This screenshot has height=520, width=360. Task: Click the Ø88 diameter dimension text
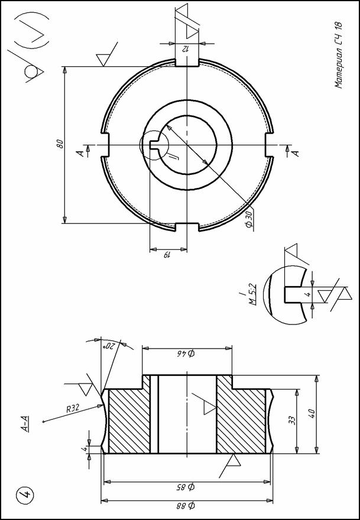[x=187, y=506]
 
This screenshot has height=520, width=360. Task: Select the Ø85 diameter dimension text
[x=187, y=487]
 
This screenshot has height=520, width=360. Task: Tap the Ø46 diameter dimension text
[x=187, y=353]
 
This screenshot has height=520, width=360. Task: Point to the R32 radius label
[x=73, y=408]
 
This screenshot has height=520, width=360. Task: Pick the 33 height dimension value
[x=292, y=421]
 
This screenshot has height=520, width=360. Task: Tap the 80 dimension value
[x=60, y=145]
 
